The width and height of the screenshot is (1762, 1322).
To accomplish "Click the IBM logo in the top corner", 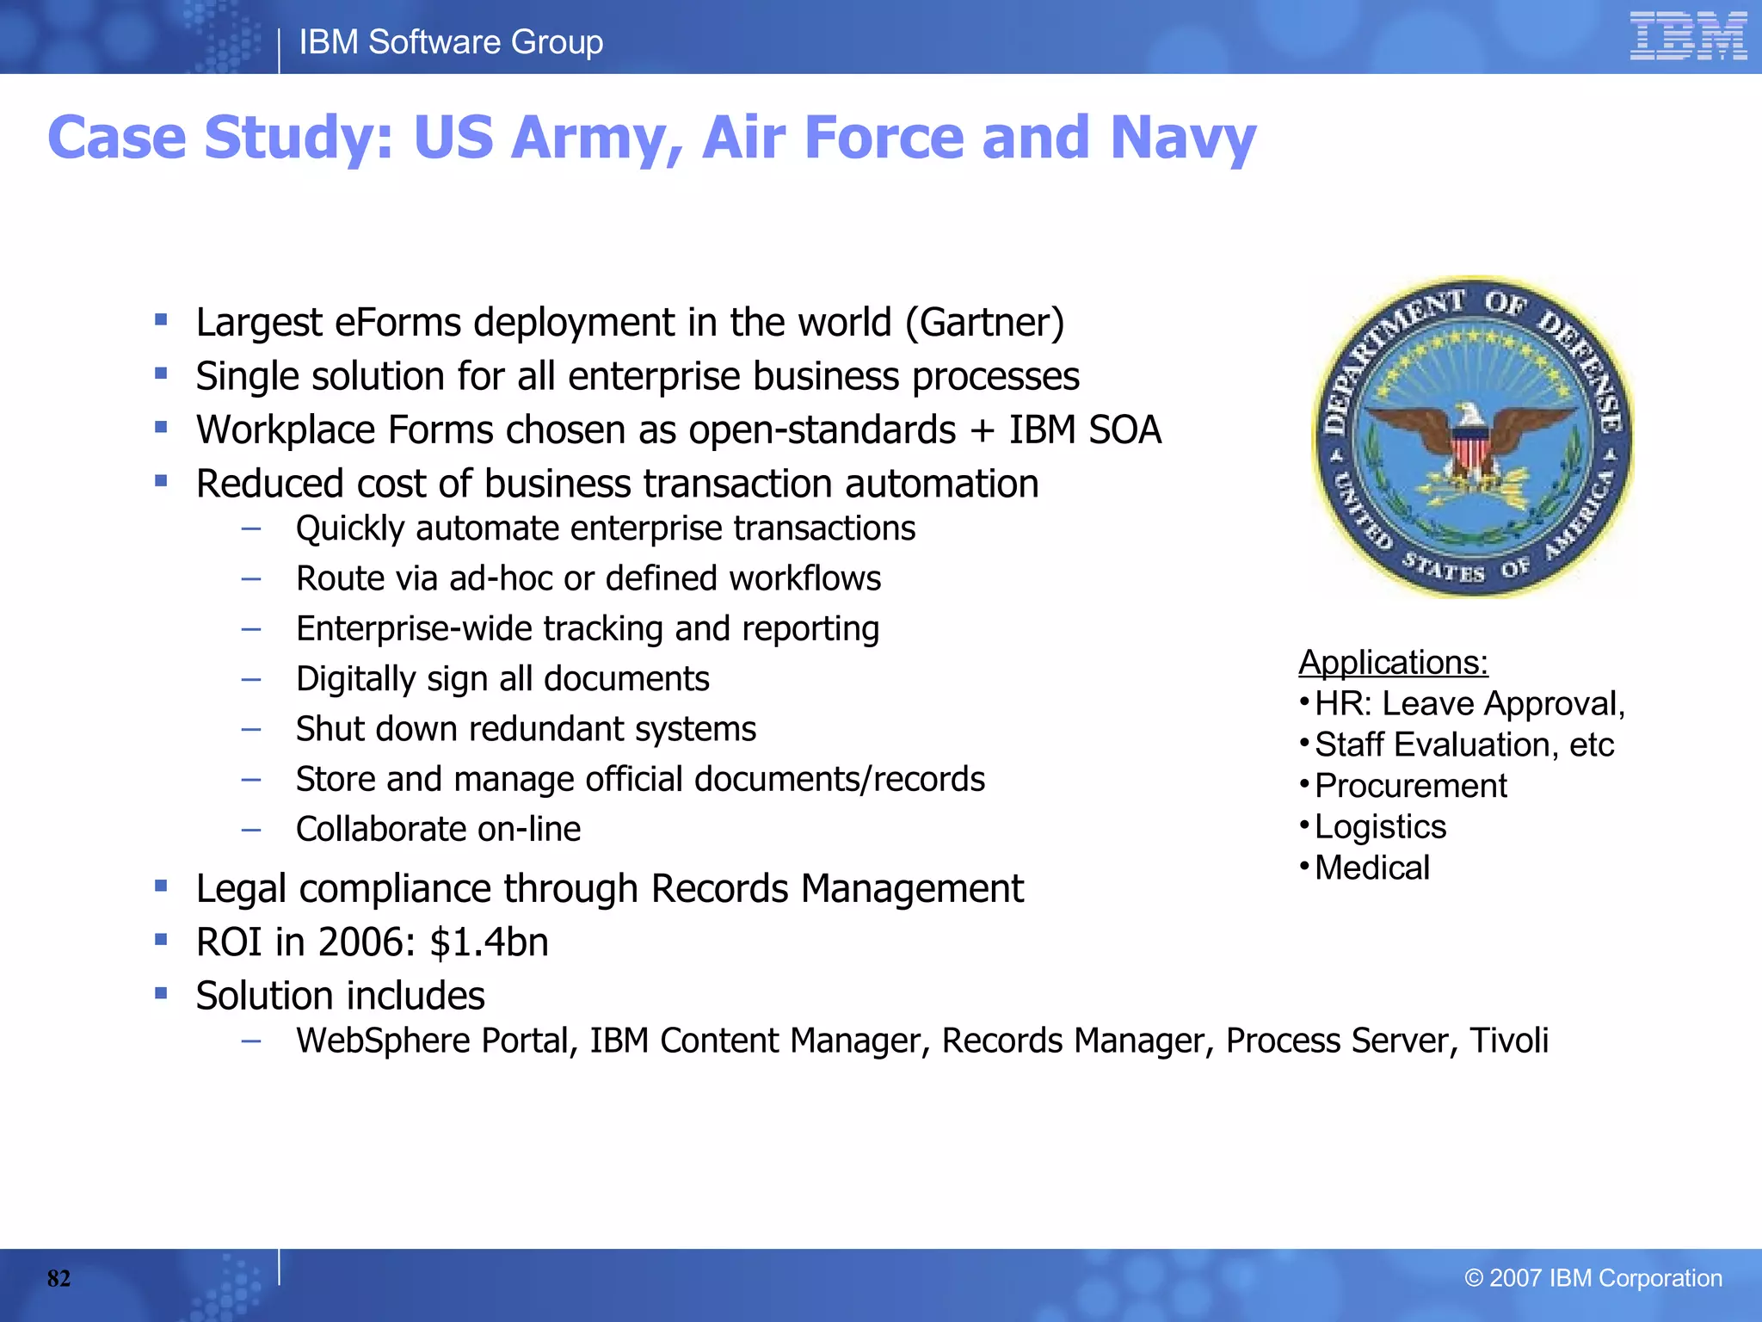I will [x=1687, y=36].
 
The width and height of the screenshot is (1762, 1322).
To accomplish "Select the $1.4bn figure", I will [x=489, y=942].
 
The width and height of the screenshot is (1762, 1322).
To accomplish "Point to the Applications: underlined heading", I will [x=1393, y=663].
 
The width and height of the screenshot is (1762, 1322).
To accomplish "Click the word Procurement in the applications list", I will [x=1411, y=786].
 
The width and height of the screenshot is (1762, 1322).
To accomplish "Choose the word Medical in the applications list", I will [x=1372, y=868].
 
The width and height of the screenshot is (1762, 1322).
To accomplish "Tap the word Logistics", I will [x=1380, y=827].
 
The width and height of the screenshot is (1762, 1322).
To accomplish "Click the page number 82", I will [x=59, y=1278].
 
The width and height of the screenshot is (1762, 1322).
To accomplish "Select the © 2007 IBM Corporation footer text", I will [x=1593, y=1278].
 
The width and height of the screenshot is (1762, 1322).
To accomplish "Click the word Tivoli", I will [x=1508, y=1041].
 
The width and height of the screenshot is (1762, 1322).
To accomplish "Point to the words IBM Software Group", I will [x=451, y=42].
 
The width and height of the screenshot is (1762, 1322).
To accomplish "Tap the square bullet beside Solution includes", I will [x=161, y=993].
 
